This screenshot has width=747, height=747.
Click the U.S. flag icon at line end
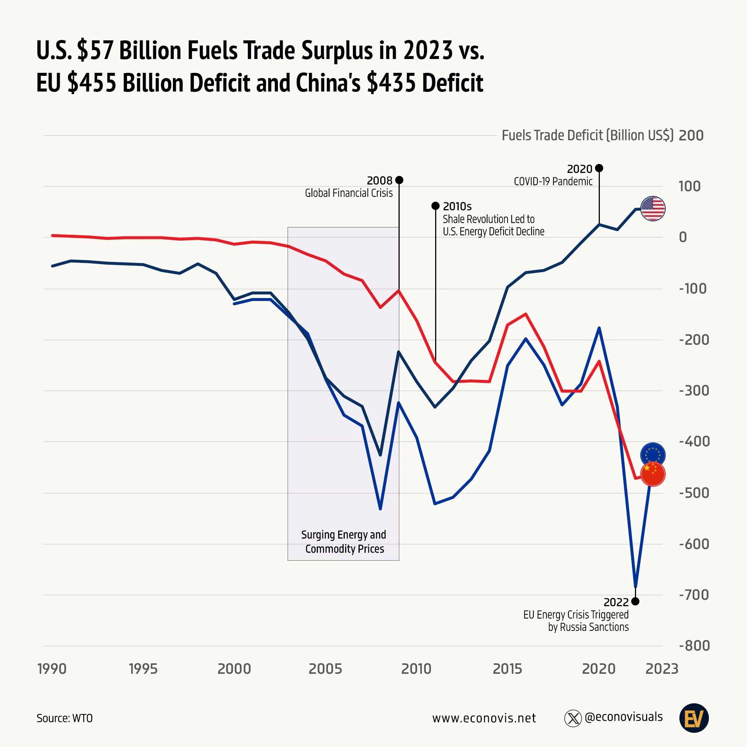click(x=653, y=208)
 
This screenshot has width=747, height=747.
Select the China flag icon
click(x=653, y=474)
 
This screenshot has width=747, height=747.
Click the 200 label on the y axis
click(x=691, y=135)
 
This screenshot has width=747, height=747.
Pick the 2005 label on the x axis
click(x=325, y=669)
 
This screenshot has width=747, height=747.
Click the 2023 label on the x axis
click(x=661, y=669)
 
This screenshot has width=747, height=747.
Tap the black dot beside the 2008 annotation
click(x=399, y=180)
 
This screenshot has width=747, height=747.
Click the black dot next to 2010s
click(x=436, y=206)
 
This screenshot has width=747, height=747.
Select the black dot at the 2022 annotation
click(x=635, y=601)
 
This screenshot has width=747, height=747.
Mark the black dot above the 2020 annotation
click(x=599, y=168)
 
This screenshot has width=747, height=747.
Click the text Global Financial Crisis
click(x=348, y=193)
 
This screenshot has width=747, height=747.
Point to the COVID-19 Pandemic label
click(x=553, y=182)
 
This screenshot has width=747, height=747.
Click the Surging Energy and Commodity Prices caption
click(x=344, y=542)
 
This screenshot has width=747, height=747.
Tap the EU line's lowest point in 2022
click(x=635, y=586)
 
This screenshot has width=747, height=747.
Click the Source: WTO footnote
click(x=65, y=718)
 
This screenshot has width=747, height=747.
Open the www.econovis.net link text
click(x=484, y=718)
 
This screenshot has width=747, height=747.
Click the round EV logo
click(x=694, y=718)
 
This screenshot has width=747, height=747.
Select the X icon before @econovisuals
click(x=573, y=718)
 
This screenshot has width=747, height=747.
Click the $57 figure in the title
click(x=96, y=50)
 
